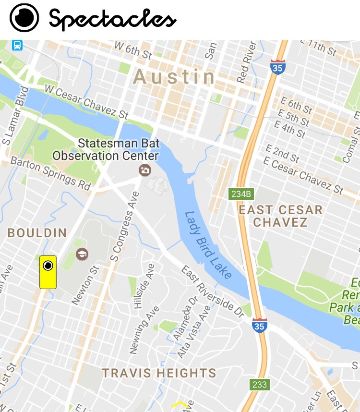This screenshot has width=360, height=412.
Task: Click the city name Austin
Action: coord(175,77)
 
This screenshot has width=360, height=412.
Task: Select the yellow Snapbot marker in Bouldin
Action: coord(48,272)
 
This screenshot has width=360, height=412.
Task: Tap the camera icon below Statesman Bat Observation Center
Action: coord(144,170)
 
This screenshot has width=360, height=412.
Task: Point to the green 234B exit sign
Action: coord(241,194)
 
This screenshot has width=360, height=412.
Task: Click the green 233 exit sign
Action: coord(259,384)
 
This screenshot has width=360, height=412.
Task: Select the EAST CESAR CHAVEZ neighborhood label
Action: coord(280,216)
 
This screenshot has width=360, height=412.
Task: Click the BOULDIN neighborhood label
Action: coord(37,233)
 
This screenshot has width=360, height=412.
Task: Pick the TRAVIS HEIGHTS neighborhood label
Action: coord(159,373)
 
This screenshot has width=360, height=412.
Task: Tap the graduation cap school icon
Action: coord(82,253)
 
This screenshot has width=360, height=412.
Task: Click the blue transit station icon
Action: coord(17,46)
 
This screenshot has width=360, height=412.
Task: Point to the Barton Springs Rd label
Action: coord(50,171)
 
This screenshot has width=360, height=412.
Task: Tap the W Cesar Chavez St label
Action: coord(86,102)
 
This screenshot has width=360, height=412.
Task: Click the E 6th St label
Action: coord(296,105)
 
